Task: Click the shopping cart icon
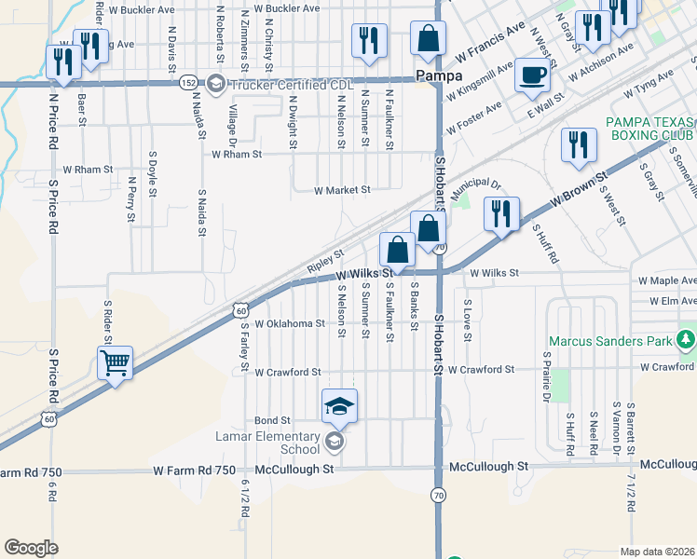tap(115, 362)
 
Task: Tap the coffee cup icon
tap(532, 75)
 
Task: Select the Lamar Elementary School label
tap(281, 442)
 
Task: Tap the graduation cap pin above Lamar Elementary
tap(339, 405)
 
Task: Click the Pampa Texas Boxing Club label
tap(650, 129)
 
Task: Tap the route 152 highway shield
tap(188, 82)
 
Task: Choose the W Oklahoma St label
tap(291, 324)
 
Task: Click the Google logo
tap(32, 548)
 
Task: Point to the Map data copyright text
tap(658, 551)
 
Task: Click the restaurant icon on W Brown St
tap(502, 213)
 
